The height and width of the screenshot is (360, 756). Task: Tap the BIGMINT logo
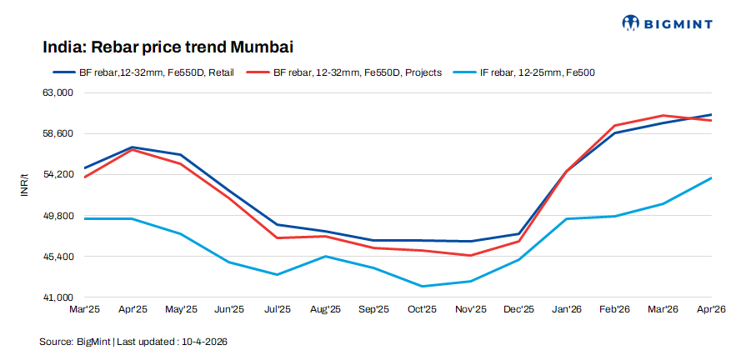[667, 22]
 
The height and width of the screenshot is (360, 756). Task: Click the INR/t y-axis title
[25, 186]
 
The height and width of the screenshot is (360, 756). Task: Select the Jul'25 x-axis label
[277, 310]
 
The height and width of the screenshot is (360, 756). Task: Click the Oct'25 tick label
[422, 310]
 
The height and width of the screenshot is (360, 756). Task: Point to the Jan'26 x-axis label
[567, 310]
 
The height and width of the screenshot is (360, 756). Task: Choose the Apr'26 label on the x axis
[711, 310]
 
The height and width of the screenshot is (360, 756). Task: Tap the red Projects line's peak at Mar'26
[663, 116]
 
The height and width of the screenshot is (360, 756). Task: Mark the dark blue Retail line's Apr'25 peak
[133, 147]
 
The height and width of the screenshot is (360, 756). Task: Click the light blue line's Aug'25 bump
[325, 256]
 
